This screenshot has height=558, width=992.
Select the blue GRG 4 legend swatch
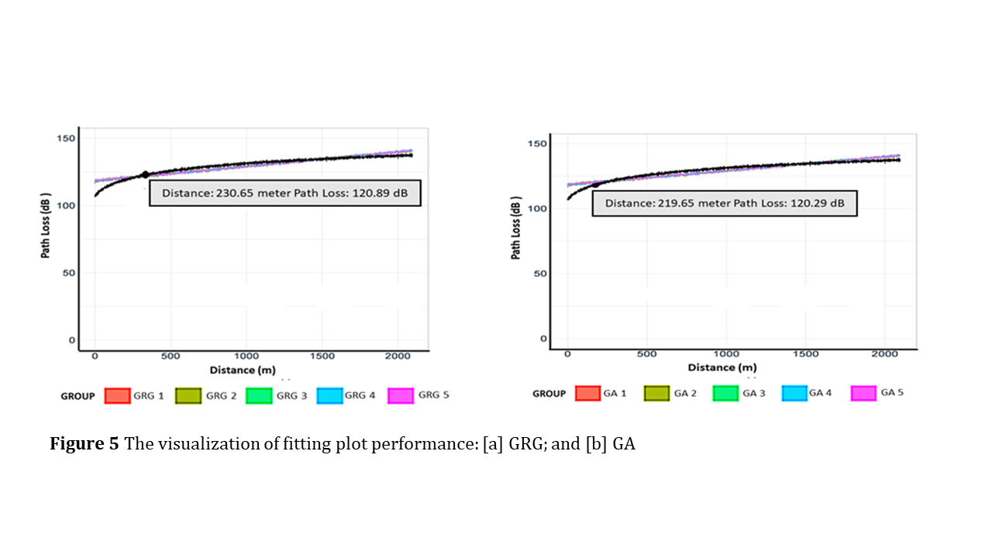[329, 395]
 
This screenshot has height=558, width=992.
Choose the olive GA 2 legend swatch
[656, 393]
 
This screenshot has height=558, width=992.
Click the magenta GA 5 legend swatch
[863, 393]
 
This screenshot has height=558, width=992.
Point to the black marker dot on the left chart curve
[145, 174]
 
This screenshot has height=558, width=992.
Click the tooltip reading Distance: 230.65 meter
[285, 194]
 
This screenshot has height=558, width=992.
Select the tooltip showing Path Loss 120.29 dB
[725, 204]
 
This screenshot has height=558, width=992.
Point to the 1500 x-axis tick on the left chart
[322, 356]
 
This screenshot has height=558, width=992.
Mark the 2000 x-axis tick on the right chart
[884, 353]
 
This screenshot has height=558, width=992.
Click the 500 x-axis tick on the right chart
[646, 353]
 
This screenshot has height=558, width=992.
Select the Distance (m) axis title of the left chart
[242, 370]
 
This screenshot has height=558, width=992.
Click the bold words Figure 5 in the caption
[84, 445]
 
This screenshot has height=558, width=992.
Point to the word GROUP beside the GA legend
[549, 394]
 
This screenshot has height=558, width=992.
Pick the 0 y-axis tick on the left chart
[71, 340]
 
